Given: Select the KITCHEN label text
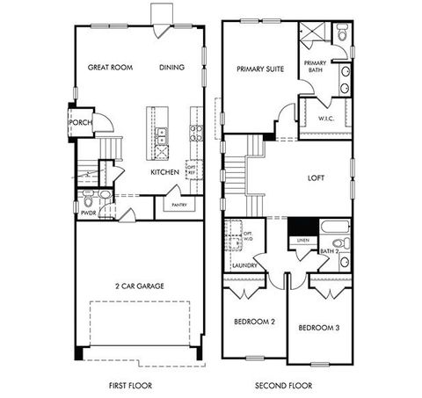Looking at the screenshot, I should click(164, 172).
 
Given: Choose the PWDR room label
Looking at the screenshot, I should click(88, 212).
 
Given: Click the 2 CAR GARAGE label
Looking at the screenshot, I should click(140, 286).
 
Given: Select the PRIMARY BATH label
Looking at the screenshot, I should click(315, 67).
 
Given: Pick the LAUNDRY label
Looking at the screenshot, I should click(243, 264).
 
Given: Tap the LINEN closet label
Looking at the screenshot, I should click(302, 239).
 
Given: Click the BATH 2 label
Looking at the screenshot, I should click(330, 252).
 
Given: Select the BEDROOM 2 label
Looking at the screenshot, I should click(254, 322).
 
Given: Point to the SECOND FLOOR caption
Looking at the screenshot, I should click(284, 384).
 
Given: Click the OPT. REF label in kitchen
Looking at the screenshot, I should click(191, 168).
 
